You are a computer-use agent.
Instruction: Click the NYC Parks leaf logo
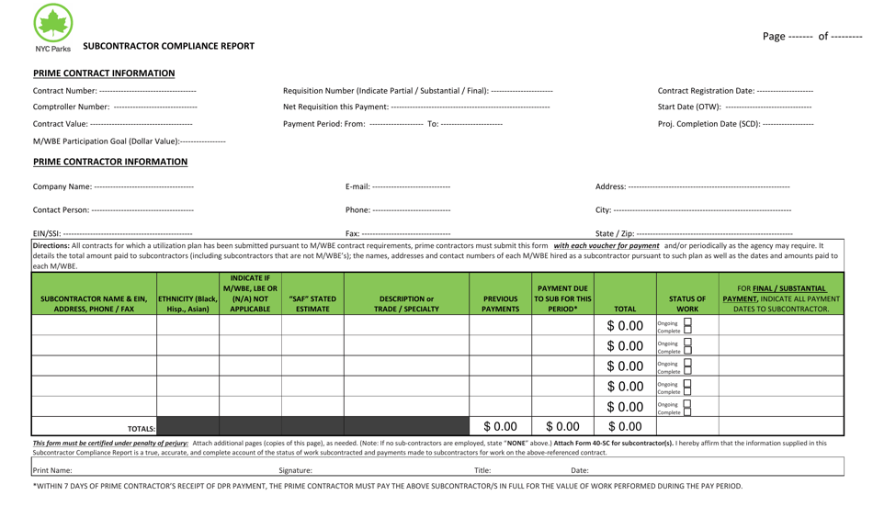click(52, 24)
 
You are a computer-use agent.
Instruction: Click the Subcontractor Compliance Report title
click(169, 46)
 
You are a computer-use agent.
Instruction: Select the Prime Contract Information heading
click(104, 73)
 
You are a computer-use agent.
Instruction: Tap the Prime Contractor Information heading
click(110, 162)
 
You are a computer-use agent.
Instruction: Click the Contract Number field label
click(64, 91)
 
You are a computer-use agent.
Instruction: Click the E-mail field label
click(357, 187)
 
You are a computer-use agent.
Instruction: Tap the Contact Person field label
click(62, 210)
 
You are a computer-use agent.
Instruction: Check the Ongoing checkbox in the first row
click(686, 322)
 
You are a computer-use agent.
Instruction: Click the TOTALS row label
click(142, 428)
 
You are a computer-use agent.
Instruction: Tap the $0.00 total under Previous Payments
click(501, 426)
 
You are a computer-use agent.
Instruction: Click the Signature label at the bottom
click(295, 470)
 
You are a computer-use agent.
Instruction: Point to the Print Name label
click(52, 470)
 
